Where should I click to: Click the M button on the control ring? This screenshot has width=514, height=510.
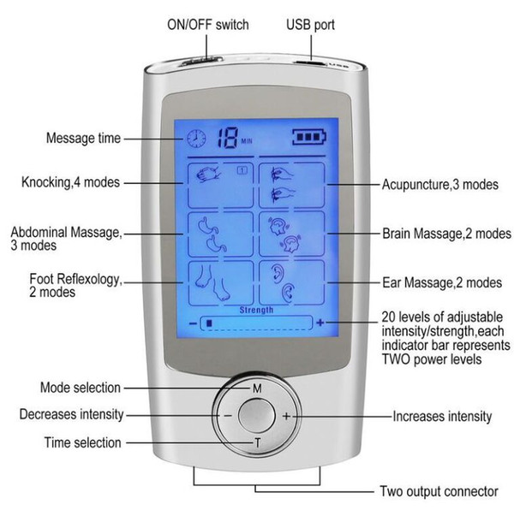pyautogui.click(x=257, y=388)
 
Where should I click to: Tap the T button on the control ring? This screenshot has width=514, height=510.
pyautogui.click(x=258, y=443)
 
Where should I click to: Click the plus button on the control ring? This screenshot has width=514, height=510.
pyautogui.click(x=286, y=416)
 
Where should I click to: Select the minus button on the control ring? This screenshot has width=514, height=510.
pyautogui.click(x=228, y=416)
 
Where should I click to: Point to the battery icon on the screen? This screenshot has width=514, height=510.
pyautogui.click(x=309, y=137)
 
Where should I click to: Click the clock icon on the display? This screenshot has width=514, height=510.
pyautogui.click(x=196, y=138)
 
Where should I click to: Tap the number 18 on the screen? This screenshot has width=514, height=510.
pyautogui.click(x=227, y=138)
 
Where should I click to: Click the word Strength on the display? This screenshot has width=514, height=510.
pyautogui.click(x=256, y=310)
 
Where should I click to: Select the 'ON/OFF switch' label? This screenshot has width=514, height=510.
pyautogui.click(x=208, y=25)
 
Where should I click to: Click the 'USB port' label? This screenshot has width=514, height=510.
pyautogui.click(x=310, y=25)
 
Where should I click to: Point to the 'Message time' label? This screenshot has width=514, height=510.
pyautogui.click(x=83, y=138)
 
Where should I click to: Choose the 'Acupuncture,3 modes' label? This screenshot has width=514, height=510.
pyautogui.click(x=440, y=185)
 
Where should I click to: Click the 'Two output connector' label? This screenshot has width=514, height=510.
pyautogui.click(x=439, y=491)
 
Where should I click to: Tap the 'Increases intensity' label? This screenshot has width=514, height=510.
pyautogui.click(x=442, y=417)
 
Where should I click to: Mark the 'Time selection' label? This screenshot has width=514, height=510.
pyautogui.click(x=83, y=442)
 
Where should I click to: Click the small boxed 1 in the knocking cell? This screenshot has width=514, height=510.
pyautogui.click(x=242, y=170)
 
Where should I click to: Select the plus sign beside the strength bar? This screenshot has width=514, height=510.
pyautogui.click(x=320, y=323)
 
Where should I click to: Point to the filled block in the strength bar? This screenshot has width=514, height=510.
pyautogui.click(x=209, y=323)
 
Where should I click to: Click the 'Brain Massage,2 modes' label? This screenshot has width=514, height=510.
pyautogui.click(x=446, y=234)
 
